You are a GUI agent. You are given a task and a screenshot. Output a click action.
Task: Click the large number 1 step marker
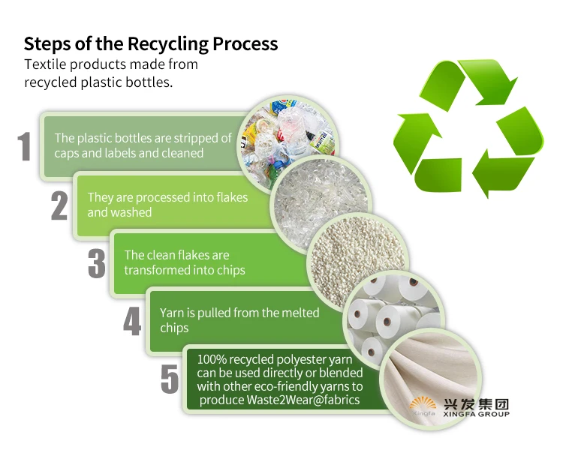25,147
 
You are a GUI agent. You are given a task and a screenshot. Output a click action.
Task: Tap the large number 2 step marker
59,205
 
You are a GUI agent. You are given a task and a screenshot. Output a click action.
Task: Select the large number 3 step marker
96,263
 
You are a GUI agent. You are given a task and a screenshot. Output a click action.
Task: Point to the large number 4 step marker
132,320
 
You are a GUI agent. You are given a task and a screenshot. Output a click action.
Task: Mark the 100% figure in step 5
213,360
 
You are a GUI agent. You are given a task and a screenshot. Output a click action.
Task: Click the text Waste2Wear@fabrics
303,400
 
